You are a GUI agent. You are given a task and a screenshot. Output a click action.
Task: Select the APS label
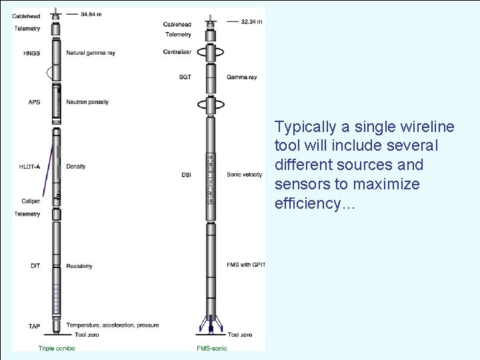coord(33,102)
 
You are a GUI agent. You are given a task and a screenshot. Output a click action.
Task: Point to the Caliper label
coord(30,200)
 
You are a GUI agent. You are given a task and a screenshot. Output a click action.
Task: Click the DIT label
coord(35,266)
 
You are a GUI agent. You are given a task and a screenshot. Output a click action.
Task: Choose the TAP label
coord(34,326)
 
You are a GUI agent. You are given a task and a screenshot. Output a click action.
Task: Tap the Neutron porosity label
coord(87,102)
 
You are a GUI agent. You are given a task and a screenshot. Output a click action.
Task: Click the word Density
coord(77,166)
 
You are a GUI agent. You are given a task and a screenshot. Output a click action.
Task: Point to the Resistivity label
coord(79,266)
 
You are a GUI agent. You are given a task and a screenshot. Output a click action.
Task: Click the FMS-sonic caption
coord(211,348)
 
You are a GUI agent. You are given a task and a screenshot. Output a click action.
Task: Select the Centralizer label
coord(177,51)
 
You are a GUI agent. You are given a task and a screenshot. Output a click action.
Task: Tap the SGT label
coord(185,77)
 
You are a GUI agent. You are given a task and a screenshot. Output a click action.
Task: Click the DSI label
coord(186,175)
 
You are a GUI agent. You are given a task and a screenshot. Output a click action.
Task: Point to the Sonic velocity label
coord(244,175)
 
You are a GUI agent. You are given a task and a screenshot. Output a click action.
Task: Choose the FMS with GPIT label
coord(246,265)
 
